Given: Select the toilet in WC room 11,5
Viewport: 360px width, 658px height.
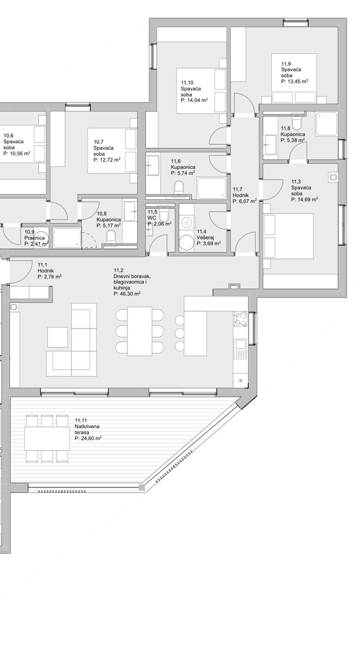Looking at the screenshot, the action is pyautogui.click(x=164, y=214).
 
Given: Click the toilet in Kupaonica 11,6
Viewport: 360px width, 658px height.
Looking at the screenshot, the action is pyautogui.click(x=179, y=188).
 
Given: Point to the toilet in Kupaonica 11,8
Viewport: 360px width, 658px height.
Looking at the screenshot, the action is pyautogui.click(x=297, y=122).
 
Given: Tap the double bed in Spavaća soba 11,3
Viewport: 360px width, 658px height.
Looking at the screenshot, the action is pyautogui.click(x=288, y=236).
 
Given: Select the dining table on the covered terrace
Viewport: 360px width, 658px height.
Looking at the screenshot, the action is pyautogui.click(x=46, y=438).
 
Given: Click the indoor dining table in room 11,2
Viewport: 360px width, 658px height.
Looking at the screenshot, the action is pyautogui.click(x=139, y=331).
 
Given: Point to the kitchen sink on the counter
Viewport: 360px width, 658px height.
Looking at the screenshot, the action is pyautogui.click(x=241, y=349).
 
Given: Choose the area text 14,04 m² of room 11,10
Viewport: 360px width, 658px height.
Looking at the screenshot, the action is pyautogui.click(x=194, y=101).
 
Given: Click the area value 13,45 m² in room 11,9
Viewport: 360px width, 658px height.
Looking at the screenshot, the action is pyautogui.click(x=295, y=82).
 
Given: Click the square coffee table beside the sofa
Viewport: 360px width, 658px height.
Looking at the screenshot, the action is pyautogui.click(x=57, y=337).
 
